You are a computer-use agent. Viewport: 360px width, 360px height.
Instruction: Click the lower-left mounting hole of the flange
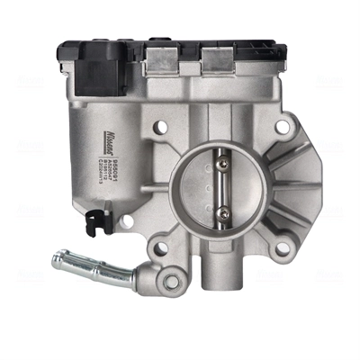click(x=161, y=242)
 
